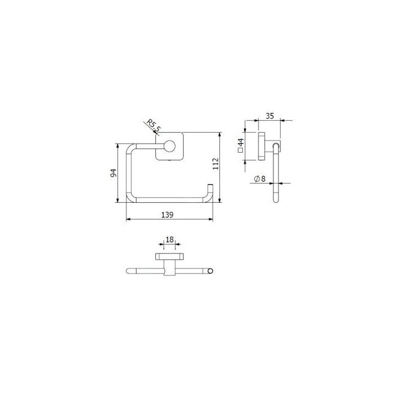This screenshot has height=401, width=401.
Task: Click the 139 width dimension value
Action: coord(167,215)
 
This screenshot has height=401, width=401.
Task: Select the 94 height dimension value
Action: coord(113,173)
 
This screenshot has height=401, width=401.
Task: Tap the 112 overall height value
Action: coord(216,164)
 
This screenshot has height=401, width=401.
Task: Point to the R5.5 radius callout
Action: coord(153,125)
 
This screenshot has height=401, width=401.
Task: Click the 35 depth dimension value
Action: coord(270,116)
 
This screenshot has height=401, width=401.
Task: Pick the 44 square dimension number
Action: coord(241,143)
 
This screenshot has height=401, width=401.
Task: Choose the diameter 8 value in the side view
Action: coord(263,179)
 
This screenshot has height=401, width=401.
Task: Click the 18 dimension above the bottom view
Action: coord(169,239)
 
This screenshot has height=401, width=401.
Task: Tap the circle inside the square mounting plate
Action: coord(170,146)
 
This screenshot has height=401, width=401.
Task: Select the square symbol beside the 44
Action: coord(240,150)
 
